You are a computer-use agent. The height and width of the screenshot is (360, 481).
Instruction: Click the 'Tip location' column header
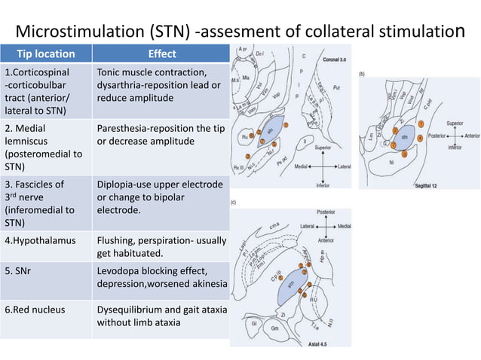coord(47,53)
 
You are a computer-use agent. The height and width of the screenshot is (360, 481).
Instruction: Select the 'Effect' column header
coord(161,53)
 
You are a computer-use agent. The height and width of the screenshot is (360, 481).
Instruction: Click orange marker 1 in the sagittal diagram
coord(421,124)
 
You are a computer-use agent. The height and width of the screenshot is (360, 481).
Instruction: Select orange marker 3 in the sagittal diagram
coord(405,154)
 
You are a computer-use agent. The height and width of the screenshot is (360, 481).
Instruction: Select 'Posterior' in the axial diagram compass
coord(326,213)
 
